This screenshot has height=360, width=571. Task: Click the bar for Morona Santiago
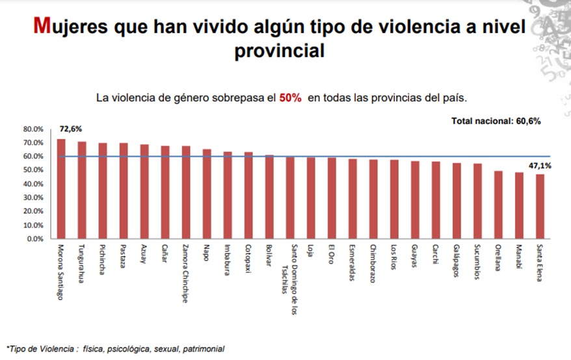point(61,188)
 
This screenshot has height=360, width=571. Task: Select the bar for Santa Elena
point(540,206)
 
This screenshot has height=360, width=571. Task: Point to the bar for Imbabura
point(228,195)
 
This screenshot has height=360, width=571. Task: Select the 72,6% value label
point(69,130)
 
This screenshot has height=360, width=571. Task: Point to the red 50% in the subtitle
point(291,98)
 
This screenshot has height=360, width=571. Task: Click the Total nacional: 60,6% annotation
point(496,122)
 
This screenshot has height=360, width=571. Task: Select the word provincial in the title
point(280,50)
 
